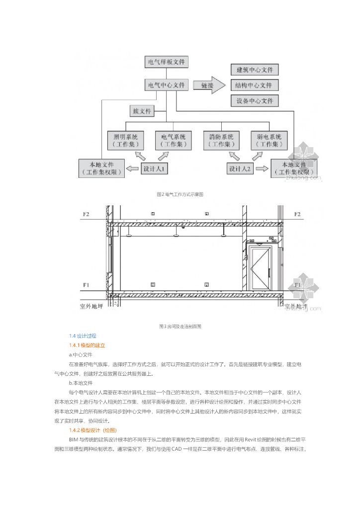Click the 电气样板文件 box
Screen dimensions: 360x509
[x=166, y=63]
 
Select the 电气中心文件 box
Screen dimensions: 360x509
[x=166, y=85]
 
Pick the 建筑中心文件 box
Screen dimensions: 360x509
[x=255, y=70]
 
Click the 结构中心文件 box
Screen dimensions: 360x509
[x=255, y=85]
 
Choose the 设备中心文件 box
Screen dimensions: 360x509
[x=255, y=101]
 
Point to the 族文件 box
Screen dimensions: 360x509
[x=141, y=110]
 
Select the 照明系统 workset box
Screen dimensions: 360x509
[x=125, y=140]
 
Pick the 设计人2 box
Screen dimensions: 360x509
[x=241, y=169]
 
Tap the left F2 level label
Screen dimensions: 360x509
[x=86, y=215]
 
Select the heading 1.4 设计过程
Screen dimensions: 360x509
[x=83, y=336]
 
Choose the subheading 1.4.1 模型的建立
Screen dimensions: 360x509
[x=88, y=345]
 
